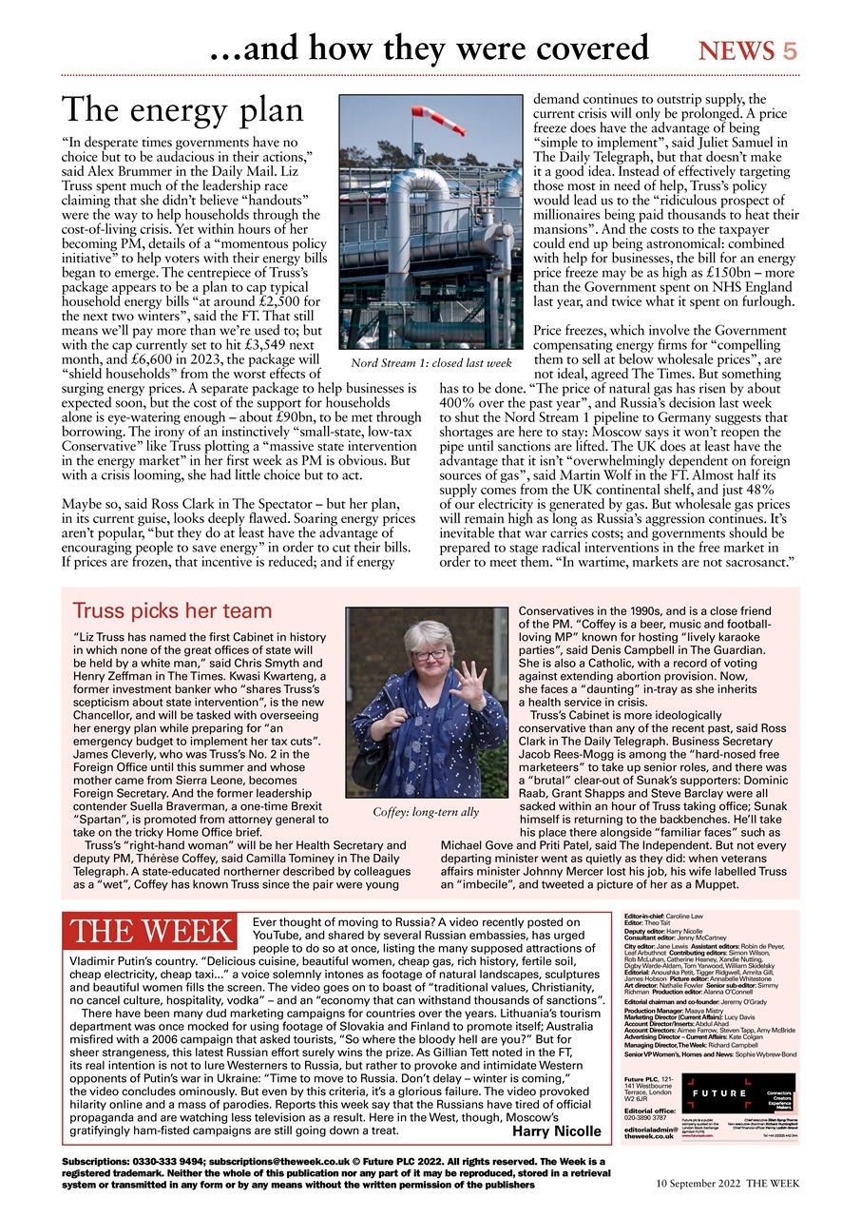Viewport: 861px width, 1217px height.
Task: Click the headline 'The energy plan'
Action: [x=182, y=110]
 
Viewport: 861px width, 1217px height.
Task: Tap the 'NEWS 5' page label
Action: [x=748, y=50]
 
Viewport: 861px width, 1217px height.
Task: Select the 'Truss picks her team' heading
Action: [x=172, y=610]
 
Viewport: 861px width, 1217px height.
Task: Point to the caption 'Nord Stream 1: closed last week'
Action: [x=430, y=364]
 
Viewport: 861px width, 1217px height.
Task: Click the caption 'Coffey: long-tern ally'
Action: [x=426, y=812]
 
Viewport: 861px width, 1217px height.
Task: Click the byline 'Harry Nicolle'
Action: [x=556, y=1130]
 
